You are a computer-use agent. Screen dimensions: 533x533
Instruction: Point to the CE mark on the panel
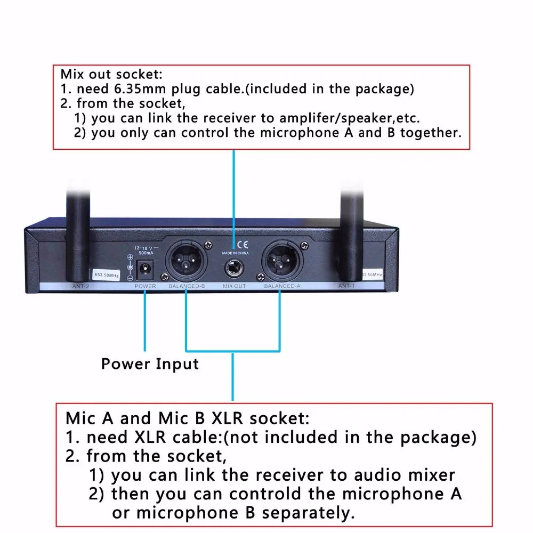pos(241,245)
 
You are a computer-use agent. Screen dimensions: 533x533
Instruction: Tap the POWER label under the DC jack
pos(145,286)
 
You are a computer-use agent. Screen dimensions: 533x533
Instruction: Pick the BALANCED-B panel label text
pos(187,286)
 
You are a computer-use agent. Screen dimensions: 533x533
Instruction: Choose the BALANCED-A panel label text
pos(282,286)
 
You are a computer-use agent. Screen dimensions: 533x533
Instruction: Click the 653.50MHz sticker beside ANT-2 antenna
pos(106,275)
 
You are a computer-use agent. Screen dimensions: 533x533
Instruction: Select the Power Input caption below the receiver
pos(150,364)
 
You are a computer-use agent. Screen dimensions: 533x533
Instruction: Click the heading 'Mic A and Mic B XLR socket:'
pos(187,417)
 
